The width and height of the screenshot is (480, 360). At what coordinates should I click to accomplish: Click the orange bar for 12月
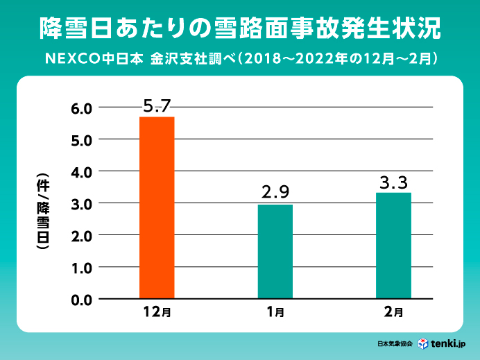157,208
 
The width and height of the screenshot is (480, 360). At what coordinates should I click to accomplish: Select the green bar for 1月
275,252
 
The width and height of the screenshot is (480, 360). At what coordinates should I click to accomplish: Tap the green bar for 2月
393,246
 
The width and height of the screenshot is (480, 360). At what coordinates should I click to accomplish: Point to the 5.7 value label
157,106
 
